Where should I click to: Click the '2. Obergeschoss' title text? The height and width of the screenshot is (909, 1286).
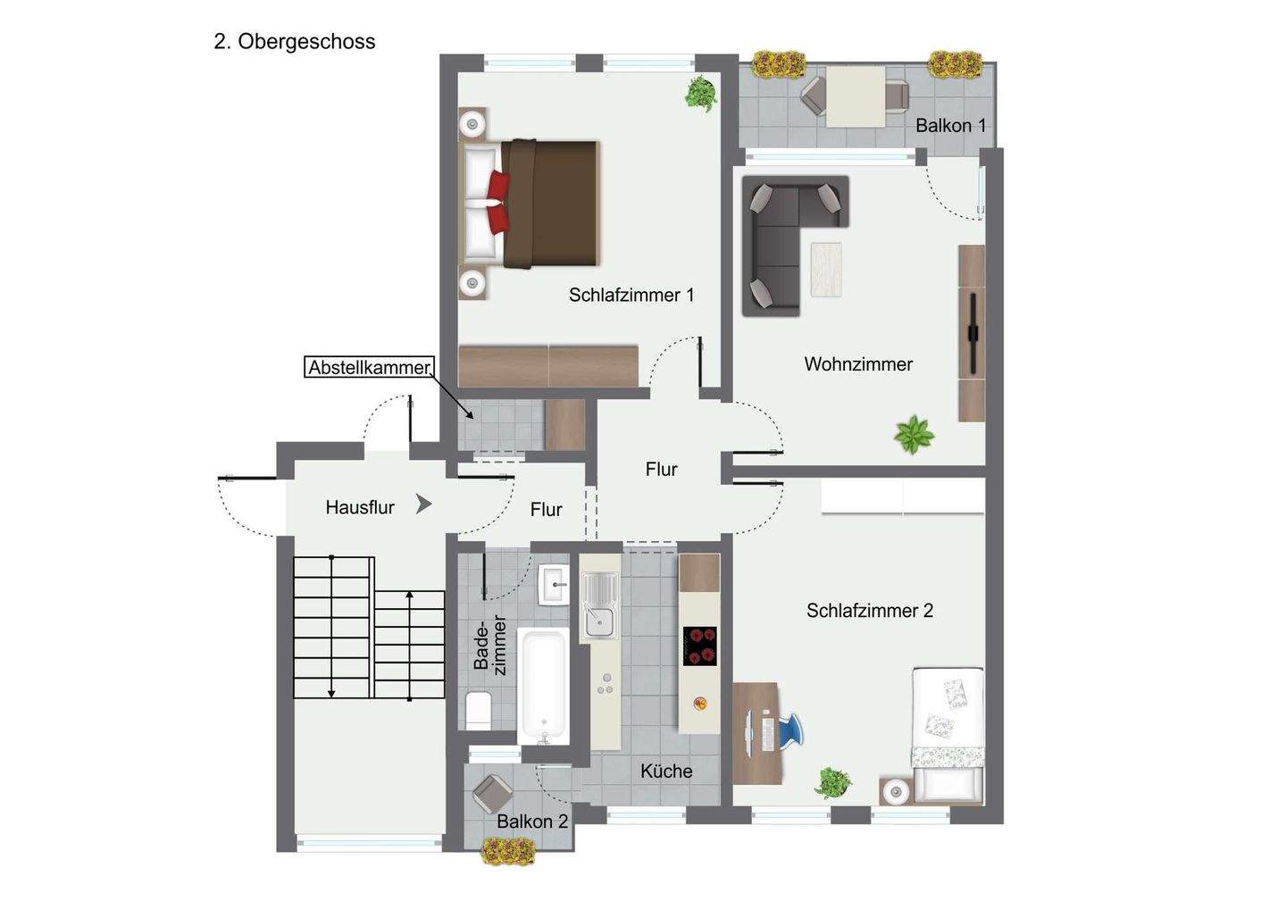tap(295, 42)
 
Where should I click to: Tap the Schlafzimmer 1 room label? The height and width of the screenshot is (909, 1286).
tap(630, 295)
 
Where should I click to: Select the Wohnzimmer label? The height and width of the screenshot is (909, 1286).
tap(857, 364)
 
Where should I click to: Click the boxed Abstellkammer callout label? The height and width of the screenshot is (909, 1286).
tap(369, 367)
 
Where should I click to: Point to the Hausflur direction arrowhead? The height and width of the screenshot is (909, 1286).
tap(423, 505)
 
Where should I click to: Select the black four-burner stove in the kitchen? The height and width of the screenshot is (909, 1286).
tap(700, 646)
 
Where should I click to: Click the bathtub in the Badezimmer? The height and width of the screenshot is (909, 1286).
tap(543, 686)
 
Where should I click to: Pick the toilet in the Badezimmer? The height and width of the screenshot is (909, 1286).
tap(479, 710)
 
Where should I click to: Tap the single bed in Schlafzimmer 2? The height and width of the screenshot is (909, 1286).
tap(947, 732)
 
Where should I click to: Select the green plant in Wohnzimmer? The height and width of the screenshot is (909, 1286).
tap(914, 435)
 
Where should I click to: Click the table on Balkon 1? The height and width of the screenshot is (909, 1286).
tap(854, 96)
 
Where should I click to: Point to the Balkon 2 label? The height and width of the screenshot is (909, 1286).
tap(532, 821)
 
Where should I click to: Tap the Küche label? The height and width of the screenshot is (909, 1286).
tap(666, 771)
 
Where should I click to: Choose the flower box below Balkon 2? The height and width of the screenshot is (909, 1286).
tap(508, 852)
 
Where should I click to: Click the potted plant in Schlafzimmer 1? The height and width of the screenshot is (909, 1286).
tap(701, 92)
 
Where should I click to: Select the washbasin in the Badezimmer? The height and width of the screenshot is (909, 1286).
tap(555, 587)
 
